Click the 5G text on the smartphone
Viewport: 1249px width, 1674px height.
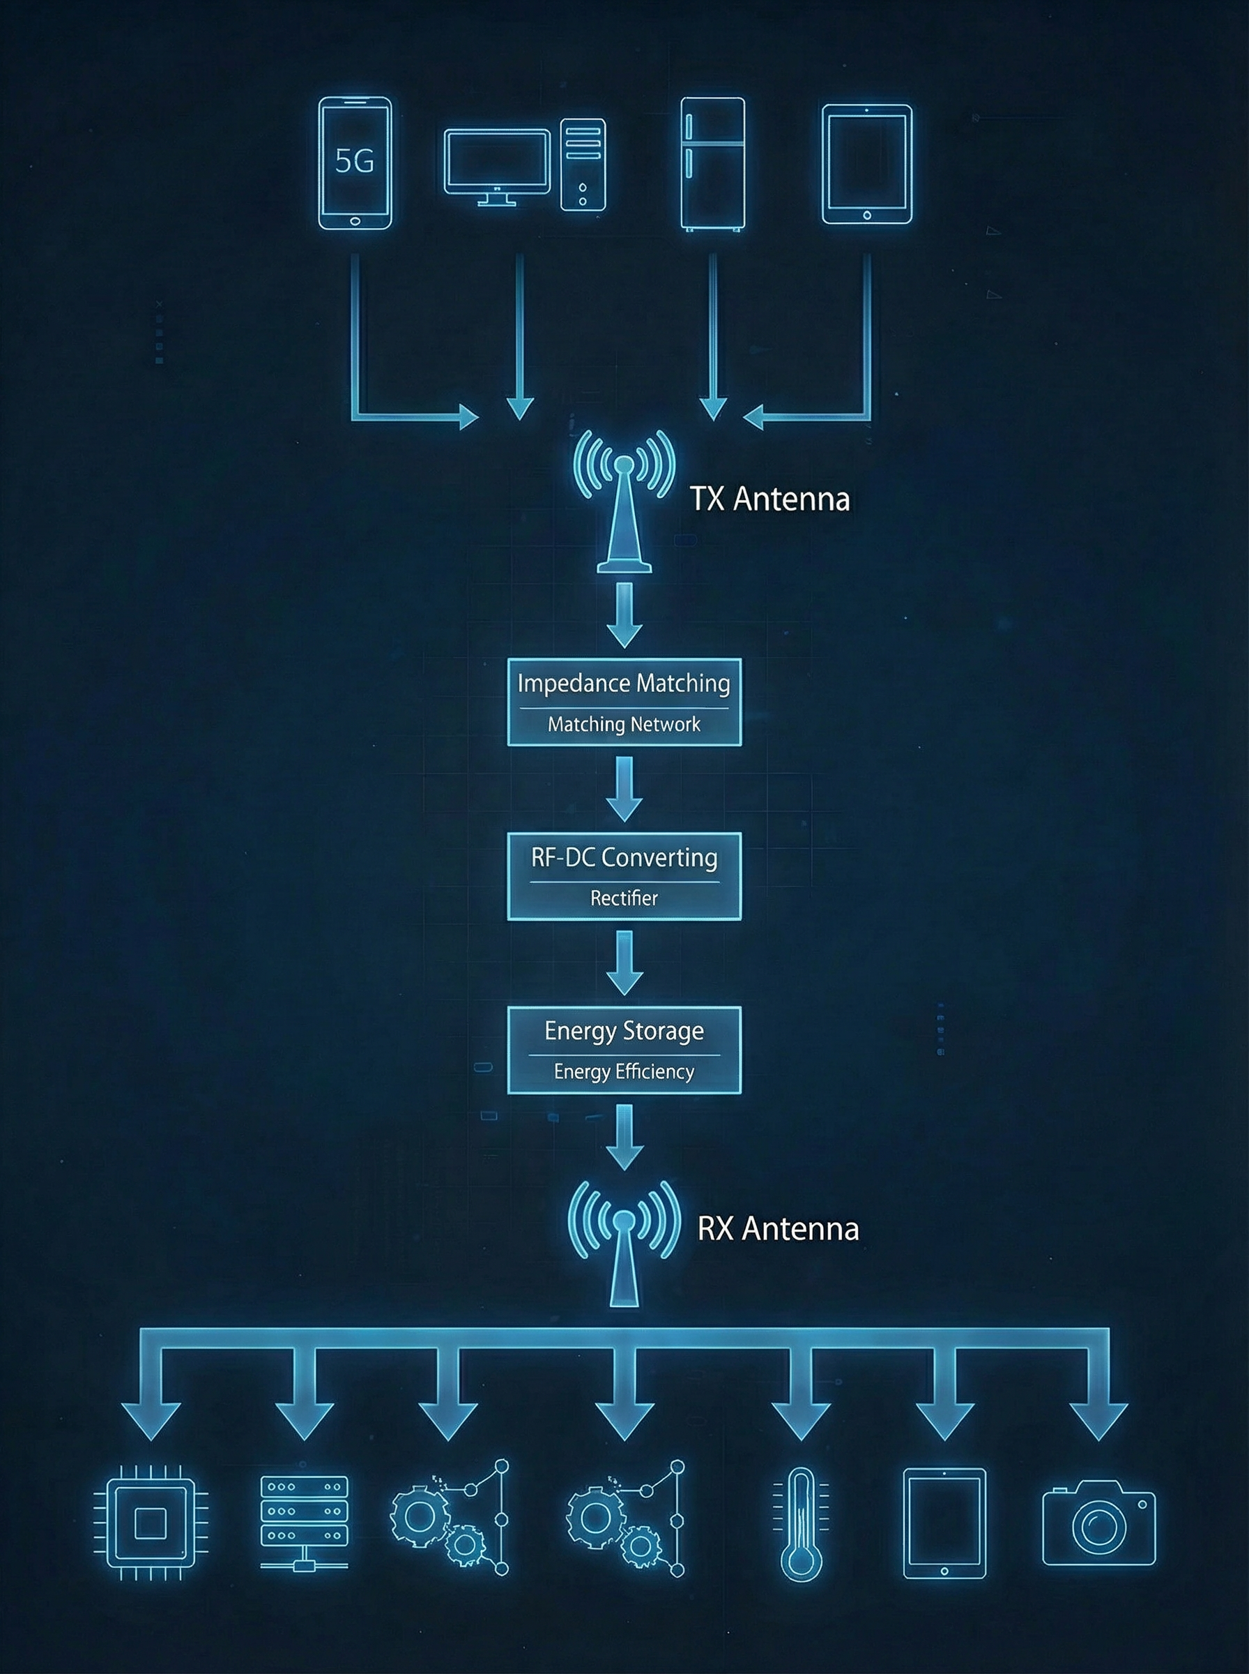click(354, 161)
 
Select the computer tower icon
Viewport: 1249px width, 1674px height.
click(582, 164)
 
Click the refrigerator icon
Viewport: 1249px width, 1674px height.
click(712, 163)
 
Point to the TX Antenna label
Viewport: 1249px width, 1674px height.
click(769, 500)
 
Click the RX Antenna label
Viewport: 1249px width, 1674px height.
click(778, 1229)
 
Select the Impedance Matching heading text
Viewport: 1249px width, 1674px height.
click(624, 684)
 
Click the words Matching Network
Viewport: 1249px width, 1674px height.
click(624, 725)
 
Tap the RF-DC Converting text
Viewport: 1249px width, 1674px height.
click(624, 858)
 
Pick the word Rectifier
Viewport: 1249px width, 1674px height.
click(624, 898)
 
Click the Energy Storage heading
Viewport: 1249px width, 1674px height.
click(624, 1031)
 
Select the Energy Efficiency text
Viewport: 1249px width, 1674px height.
click(624, 1072)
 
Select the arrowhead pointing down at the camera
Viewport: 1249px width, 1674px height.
click(1098, 1422)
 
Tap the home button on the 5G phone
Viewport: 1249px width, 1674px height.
click(355, 222)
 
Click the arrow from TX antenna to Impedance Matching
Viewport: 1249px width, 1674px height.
click(624, 614)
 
